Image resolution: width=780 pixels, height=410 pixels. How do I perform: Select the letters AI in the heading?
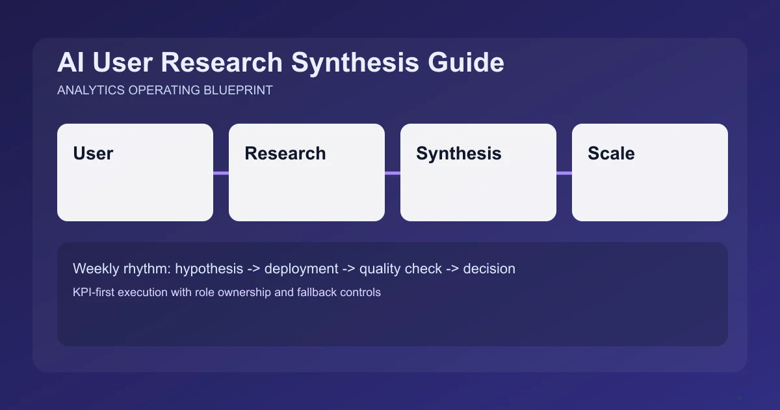click(x=71, y=63)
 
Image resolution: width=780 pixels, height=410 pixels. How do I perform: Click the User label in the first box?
click(x=93, y=154)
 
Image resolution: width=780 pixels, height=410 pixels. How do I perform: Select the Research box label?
click(x=285, y=154)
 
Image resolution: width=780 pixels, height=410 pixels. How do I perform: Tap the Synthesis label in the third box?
click(x=458, y=154)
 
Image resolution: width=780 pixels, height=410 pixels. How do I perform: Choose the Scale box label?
click(x=611, y=154)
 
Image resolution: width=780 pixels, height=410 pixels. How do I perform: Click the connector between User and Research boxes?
click(x=221, y=173)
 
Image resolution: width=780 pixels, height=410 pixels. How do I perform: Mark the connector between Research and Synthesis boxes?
click(x=393, y=173)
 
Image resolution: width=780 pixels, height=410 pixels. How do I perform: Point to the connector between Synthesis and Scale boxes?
click(x=564, y=173)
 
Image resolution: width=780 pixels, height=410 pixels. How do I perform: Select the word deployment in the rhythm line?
click(x=301, y=269)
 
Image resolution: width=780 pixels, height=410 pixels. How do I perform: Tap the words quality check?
click(x=400, y=269)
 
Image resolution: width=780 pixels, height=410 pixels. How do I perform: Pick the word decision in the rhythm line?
click(x=489, y=269)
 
